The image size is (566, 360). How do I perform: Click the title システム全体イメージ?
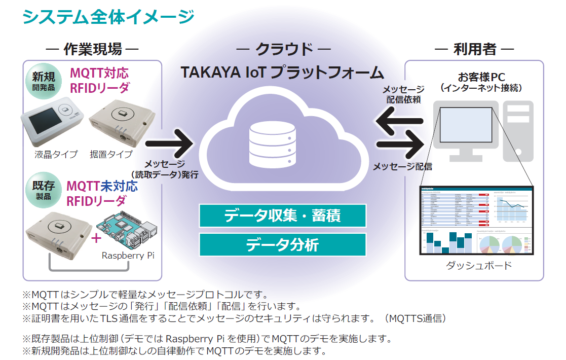[108, 16]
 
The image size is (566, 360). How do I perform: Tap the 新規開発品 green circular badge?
[43, 81]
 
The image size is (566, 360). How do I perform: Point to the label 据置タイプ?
[111, 154]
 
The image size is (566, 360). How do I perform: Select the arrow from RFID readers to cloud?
[170, 143]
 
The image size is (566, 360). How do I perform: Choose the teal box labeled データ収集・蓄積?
[282, 215]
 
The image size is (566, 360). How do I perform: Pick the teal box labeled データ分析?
[282, 245]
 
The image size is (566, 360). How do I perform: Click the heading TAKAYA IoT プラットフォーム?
[282, 72]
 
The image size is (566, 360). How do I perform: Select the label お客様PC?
[481, 77]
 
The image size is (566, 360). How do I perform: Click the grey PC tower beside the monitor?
[518, 130]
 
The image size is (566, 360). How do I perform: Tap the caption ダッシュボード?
[478, 265]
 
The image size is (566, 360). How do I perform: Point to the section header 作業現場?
[92, 49]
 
